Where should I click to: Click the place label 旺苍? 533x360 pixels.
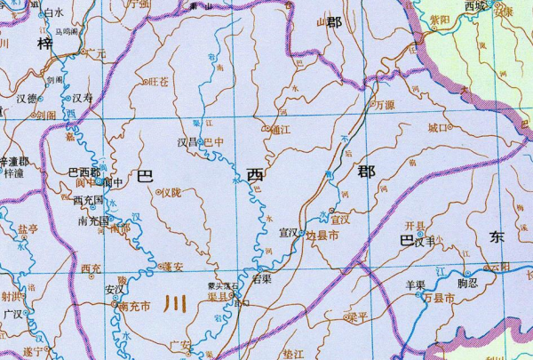159,82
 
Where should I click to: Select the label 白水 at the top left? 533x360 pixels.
53,13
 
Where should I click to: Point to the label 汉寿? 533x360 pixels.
83,98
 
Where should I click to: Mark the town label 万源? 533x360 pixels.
385,104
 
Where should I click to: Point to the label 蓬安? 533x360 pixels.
172,266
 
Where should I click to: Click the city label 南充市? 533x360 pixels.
134,307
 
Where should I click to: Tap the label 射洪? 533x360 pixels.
12,297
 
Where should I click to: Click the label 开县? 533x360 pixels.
415,225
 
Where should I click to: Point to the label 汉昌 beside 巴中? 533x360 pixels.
187,141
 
